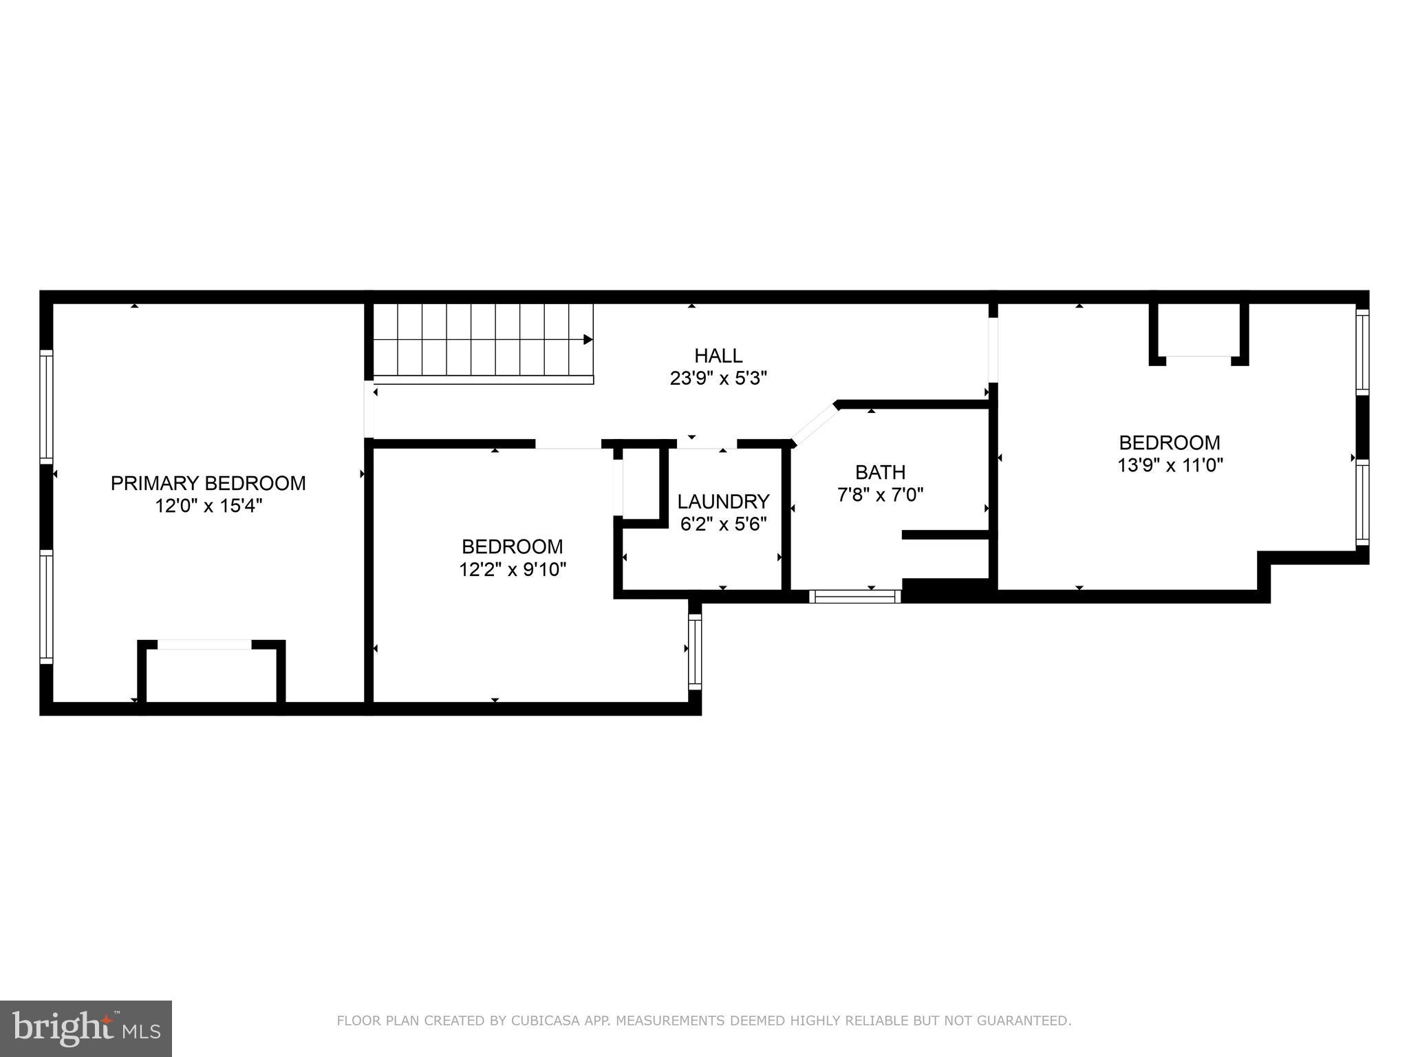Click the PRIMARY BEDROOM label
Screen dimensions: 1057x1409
[208, 483]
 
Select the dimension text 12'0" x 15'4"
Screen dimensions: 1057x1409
[208, 506]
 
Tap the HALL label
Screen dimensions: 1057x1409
[718, 356]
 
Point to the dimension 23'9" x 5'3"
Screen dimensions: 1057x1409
[718, 378]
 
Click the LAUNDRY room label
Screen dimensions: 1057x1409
[722, 501]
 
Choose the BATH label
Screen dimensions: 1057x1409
[880, 472]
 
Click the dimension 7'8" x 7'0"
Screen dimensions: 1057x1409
[880, 495]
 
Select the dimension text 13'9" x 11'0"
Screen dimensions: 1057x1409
[1170, 465]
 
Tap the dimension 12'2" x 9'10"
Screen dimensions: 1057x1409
[513, 570]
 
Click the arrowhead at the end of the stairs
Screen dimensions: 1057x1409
[588, 339]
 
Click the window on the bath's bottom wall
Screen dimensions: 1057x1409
[855, 596]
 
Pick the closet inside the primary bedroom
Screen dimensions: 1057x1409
[211, 674]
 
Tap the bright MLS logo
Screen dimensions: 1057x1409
[85, 1028]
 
